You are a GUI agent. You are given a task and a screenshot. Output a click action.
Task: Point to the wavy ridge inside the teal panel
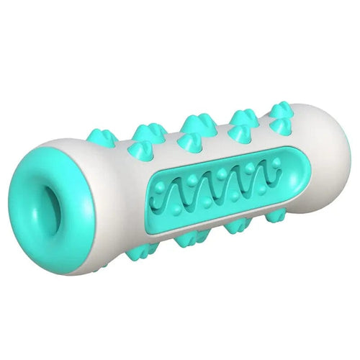(216, 192)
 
